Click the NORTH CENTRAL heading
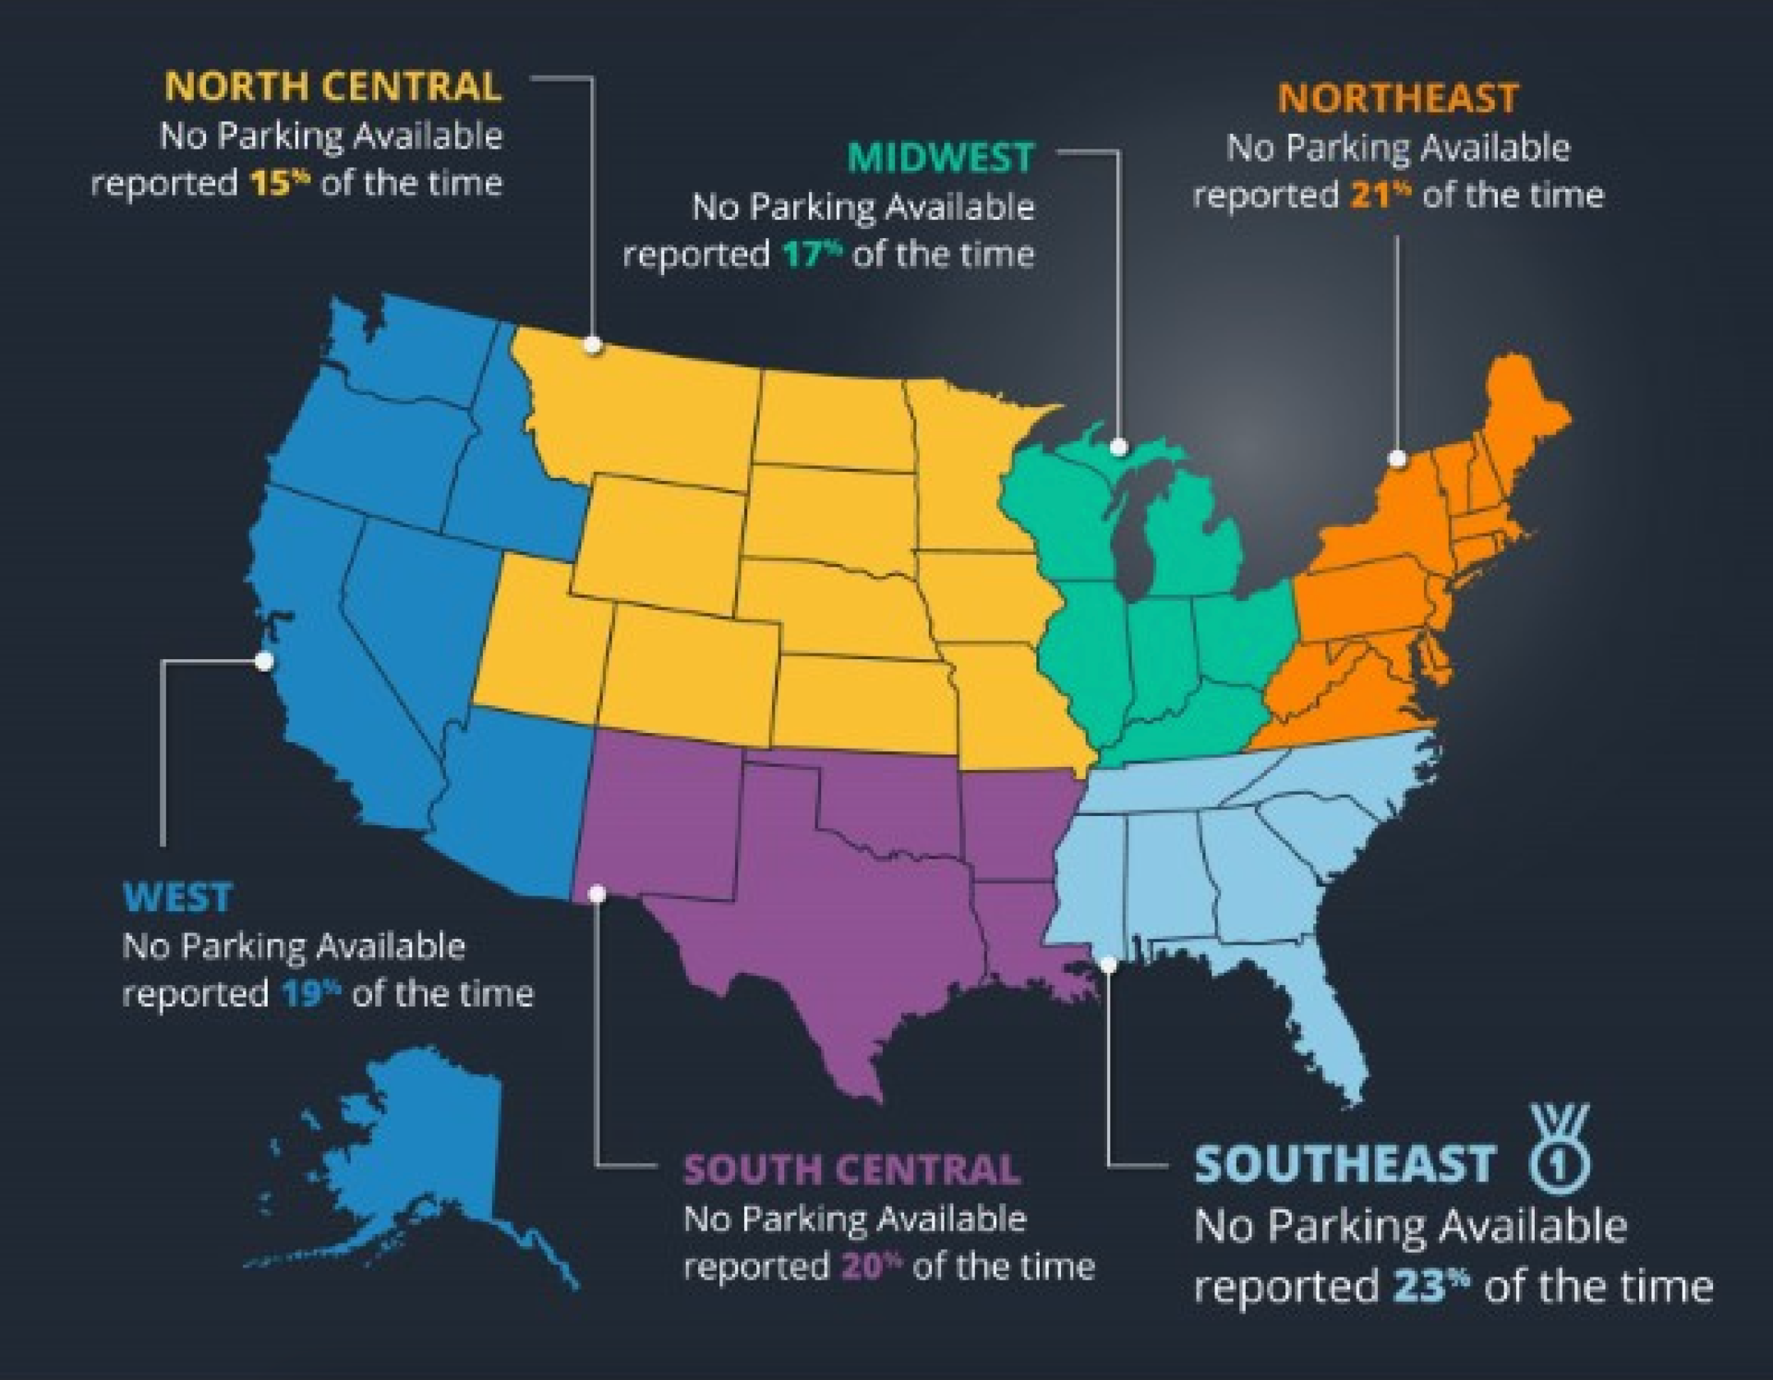tap(333, 87)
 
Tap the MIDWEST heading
tap(941, 158)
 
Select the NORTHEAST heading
tap(1398, 99)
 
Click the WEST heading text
tap(177, 897)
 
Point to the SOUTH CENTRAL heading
tap(851, 1170)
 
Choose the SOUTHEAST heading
tap(1345, 1165)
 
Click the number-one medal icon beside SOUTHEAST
tap(1558, 1149)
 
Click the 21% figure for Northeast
tap(1381, 195)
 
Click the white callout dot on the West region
tap(265, 661)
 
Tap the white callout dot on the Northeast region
tap(1397, 459)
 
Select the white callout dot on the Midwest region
tap(1119, 448)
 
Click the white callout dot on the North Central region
tap(594, 346)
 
